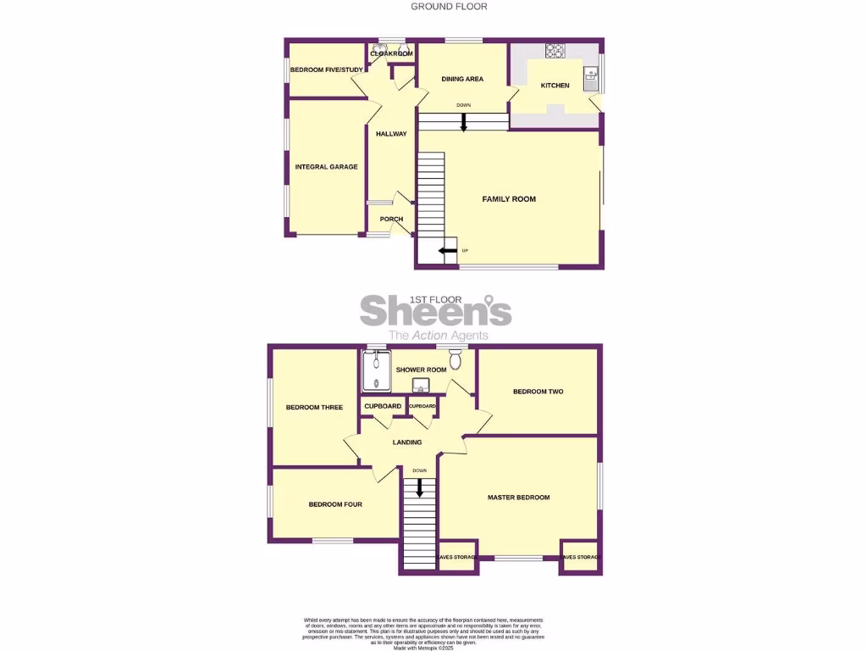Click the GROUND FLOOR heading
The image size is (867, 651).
click(x=449, y=7)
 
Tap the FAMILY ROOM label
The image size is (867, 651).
click(x=509, y=199)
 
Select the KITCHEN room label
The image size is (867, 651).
click(x=555, y=86)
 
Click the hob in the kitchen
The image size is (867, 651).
click(x=556, y=50)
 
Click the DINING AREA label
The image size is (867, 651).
click(x=462, y=79)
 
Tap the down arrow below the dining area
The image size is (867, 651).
click(x=463, y=123)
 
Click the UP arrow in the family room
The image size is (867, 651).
click(x=446, y=250)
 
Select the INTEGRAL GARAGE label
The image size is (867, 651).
click(x=326, y=167)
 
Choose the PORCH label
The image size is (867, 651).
click(x=391, y=220)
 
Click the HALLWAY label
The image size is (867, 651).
click(x=391, y=134)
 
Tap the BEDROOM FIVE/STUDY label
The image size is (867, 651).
click(x=325, y=70)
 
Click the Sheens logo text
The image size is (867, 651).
click(x=436, y=311)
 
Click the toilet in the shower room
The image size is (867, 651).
click(x=456, y=362)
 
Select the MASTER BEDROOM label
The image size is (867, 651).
click(x=518, y=498)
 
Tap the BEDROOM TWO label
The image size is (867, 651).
click(x=538, y=392)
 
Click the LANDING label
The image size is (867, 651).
click(x=407, y=442)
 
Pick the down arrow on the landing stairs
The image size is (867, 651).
click(x=418, y=487)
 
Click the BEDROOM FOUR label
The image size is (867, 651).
click(x=335, y=504)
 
